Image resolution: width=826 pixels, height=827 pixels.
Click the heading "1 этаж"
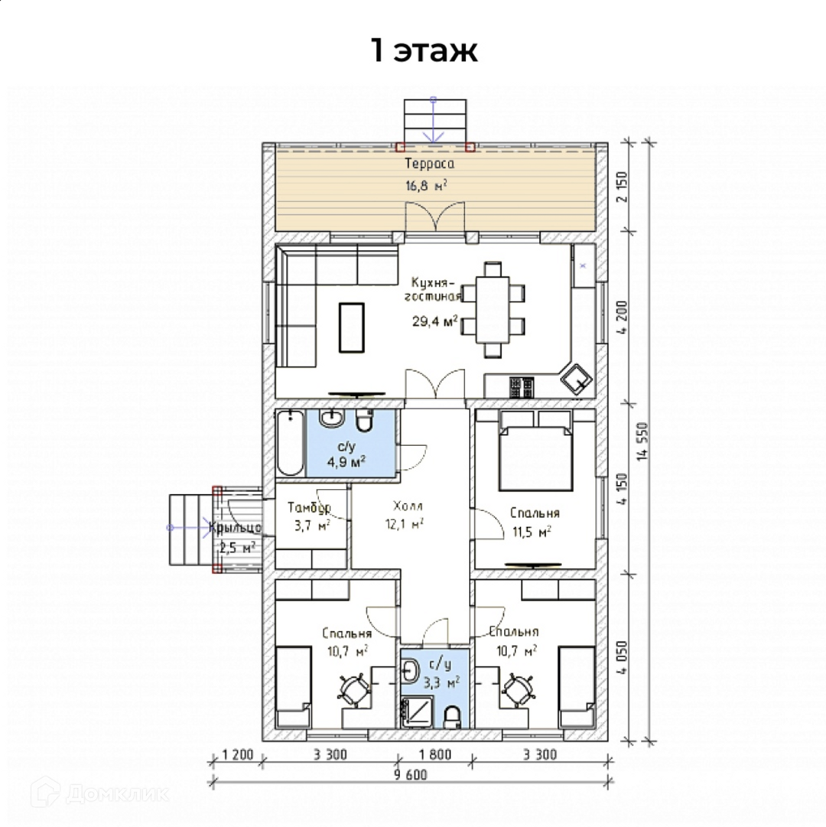424,50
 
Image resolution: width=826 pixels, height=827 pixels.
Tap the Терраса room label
430,164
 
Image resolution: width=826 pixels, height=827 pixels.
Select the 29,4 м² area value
435,321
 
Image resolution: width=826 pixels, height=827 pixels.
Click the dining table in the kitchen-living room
493,310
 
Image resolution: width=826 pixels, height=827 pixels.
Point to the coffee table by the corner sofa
352,327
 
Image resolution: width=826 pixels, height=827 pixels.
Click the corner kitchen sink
576,379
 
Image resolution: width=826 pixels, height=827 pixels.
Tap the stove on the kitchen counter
522,387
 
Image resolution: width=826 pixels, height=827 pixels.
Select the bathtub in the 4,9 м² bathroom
290,443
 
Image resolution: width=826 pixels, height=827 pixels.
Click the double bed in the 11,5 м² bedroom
535,457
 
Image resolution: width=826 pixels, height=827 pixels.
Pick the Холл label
408,506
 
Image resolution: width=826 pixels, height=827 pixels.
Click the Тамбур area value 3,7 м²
312,526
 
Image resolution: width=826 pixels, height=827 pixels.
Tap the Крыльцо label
235,527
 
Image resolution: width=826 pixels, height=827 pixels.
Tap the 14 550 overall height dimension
642,441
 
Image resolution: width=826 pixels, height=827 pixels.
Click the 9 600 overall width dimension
410,774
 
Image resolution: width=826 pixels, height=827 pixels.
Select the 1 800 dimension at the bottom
435,755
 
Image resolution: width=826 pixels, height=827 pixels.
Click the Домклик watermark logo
100,792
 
